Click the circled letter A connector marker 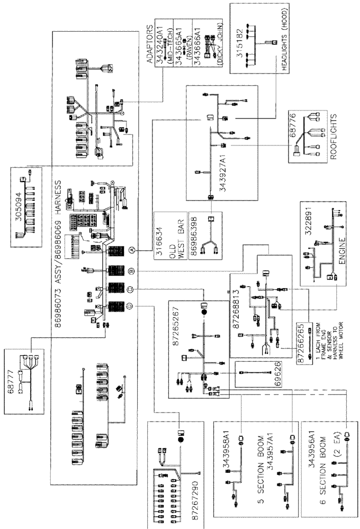click(133, 249)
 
